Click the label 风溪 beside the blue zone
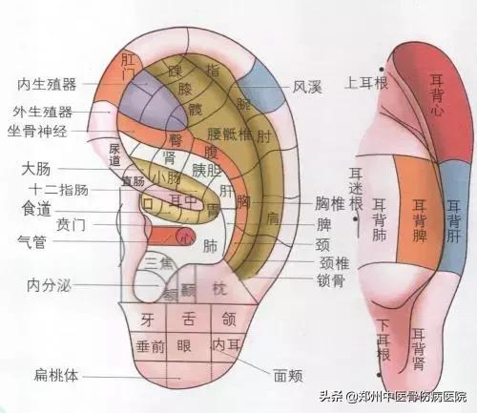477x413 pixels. pos(307,87)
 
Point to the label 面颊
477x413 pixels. pos(290,376)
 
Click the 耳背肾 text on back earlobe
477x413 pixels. pos(417,347)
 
